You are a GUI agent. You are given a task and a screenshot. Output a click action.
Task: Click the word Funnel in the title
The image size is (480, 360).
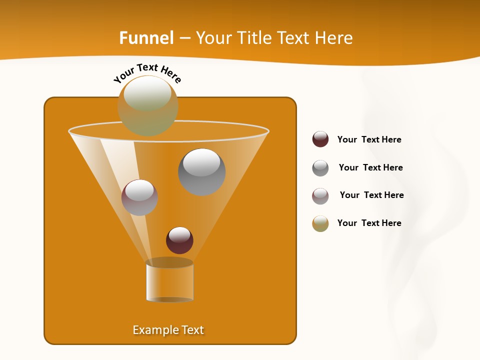pyautogui.click(x=146, y=38)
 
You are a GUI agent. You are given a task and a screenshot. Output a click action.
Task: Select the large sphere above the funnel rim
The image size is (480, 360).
pyautogui.click(x=148, y=105)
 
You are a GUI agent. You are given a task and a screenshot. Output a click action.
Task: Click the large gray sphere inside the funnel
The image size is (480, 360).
pyautogui.click(x=201, y=172)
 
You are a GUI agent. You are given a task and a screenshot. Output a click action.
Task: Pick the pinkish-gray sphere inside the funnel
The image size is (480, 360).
pyautogui.click(x=139, y=197)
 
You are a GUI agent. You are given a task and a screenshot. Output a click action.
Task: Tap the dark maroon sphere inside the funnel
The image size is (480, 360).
pyautogui.click(x=179, y=240)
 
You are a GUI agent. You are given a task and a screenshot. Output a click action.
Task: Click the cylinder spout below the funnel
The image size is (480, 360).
pyautogui.click(x=169, y=283)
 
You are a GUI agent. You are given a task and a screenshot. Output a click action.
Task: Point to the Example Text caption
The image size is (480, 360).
pyautogui.click(x=168, y=330)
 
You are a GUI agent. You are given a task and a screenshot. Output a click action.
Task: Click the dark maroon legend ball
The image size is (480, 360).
pyautogui.click(x=320, y=139)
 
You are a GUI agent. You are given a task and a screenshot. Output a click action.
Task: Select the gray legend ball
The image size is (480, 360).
pyautogui.click(x=320, y=168)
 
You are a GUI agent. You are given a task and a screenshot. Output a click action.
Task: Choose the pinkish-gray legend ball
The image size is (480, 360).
pyautogui.click(x=320, y=196)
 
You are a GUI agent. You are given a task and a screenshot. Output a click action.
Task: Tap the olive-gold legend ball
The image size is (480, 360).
pyautogui.click(x=320, y=223)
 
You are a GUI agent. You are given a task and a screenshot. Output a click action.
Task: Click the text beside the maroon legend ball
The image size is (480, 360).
pyautogui.click(x=369, y=139)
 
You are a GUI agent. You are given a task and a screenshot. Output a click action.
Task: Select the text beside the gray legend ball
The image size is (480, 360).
pyautogui.click(x=370, y=167)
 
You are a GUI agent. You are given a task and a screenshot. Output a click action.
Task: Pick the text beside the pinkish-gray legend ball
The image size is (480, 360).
pyautogui.click(x=371, y=195)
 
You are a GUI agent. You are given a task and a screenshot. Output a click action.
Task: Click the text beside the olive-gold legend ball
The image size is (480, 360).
pyautogui.click(x=369, y=223)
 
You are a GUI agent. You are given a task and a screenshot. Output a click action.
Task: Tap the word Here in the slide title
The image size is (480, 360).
pyautogui.click(x=334, y=38)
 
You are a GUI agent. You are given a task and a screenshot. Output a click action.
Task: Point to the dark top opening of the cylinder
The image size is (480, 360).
pyautogui.click(x=169, y=262)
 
